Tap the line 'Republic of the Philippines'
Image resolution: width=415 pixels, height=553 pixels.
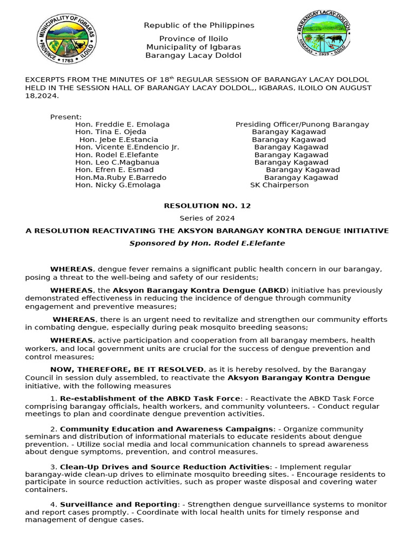click(199, 25)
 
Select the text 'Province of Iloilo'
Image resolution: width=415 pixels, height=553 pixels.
click(193, 39)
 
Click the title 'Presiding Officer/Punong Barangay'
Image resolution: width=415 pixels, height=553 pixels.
click(302, 124)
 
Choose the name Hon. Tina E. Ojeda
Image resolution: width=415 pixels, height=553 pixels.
click(110, 132)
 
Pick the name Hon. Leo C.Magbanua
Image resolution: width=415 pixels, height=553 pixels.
click(117, 162)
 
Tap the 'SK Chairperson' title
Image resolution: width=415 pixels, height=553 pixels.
click(279, 185)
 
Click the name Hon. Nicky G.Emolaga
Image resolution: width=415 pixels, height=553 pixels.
click(118, 185)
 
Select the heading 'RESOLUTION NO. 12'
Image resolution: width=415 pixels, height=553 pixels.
click(207, 206)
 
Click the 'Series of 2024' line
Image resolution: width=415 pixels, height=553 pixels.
click(207, 218)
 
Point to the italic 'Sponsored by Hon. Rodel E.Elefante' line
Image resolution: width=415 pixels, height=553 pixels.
click(207, 243)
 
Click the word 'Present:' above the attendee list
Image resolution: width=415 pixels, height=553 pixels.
click(66, 117)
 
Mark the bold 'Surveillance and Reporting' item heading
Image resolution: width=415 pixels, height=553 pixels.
click(118, 504)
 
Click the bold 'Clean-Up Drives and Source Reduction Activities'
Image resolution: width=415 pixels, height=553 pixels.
click(164, 467)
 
